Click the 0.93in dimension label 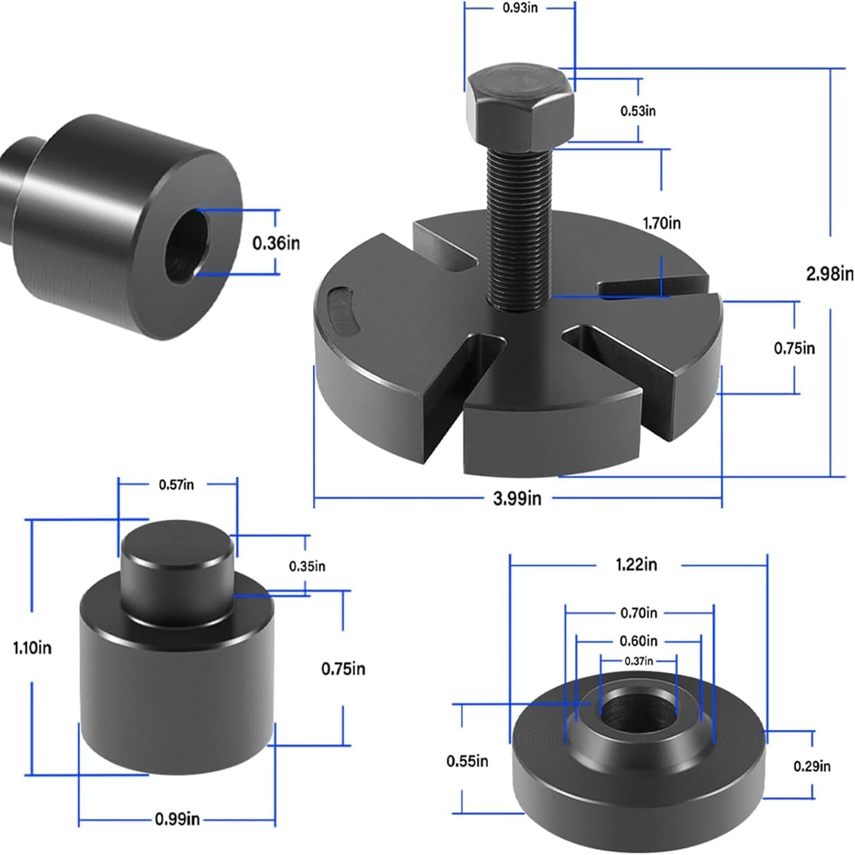pyautogui.click(x=520, y=9)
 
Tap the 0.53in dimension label pyautogui.click(x=638, y=111)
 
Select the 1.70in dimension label pyautogui.click(x=662, y=223)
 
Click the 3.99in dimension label pyautogui.click(x=517, y=499)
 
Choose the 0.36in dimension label pyautogui.click(x=276, y=243)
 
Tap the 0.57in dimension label pyautogui.click(x=176, y=485)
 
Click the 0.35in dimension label pyautogui.click(x=307, y=566)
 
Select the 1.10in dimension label pyautogui.click(x=32, y=648)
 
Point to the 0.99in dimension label pyautogui.click(x=177, y=819)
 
